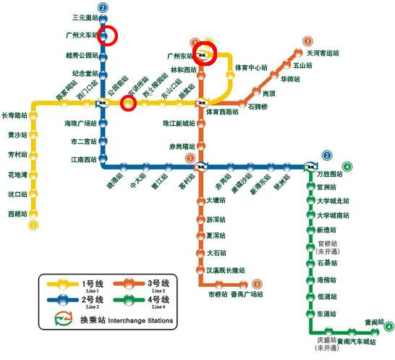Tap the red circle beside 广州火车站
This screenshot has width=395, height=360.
click(x=108, y=35)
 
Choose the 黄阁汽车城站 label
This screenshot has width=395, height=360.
click(x=359, y=341)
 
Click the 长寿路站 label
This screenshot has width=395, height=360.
click(x=14, y=115)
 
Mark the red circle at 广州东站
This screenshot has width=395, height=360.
click(x=205, y=54)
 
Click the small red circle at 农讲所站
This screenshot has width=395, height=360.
click(x=129, y=104)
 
